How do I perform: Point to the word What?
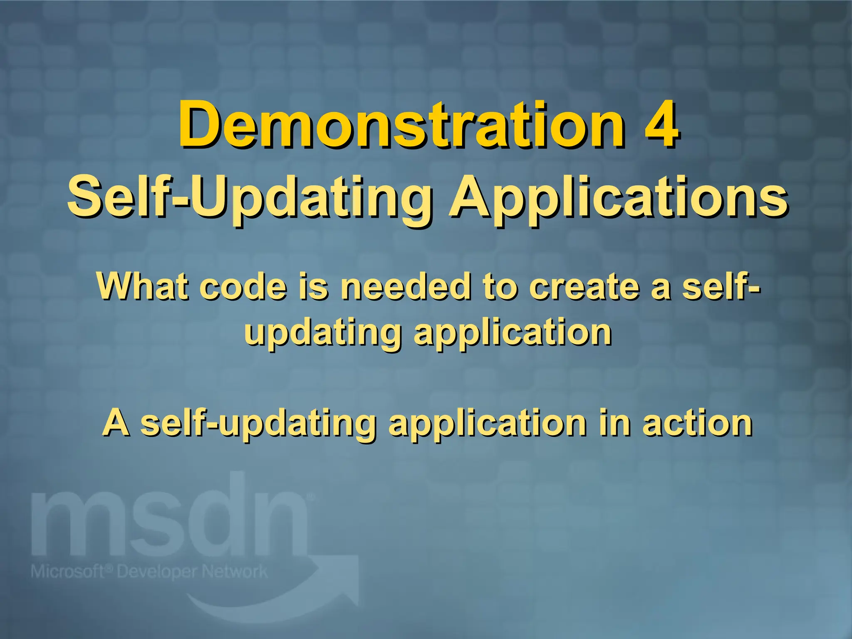point(141,287)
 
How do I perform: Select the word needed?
point(406,287)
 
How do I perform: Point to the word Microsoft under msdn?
point(67,572)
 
